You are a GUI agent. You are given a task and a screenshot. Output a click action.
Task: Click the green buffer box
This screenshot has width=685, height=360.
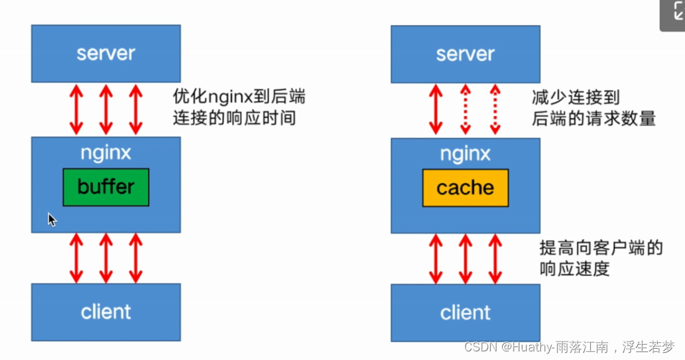tap(106, 187)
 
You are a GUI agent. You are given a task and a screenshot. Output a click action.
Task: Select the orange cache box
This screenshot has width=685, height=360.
tap(465, 188)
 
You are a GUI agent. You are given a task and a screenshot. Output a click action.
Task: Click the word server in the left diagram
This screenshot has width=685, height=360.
tap(106, 53)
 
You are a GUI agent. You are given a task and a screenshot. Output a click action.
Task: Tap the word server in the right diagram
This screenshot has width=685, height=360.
tap(465, 54)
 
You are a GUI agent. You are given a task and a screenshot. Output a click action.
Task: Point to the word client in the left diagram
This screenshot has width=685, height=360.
tap(106, 312)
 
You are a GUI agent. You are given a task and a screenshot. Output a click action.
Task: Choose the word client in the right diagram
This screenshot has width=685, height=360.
tap(465, 312)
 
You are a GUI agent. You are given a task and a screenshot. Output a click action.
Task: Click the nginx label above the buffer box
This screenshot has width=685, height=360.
tap(106, 153)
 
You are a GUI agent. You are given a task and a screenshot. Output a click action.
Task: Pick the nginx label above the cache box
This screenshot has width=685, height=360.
tap(465, 154)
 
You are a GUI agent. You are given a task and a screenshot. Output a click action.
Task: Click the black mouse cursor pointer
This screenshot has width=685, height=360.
tap(52, 219)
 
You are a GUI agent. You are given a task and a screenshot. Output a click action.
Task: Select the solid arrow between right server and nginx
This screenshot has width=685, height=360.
tap(436, 109)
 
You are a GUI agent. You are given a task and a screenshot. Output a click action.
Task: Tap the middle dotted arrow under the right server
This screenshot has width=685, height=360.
tap(466, 109)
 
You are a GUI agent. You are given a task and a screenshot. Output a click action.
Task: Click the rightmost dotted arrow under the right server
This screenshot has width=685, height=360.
tap(495, 109)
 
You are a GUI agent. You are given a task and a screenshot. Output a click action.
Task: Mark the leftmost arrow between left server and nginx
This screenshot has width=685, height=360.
tap(76, 109)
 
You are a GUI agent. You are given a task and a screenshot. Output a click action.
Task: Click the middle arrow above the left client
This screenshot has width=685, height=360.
tap(106, 258)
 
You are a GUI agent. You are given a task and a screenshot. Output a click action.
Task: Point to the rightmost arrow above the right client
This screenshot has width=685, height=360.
tap(495, 259)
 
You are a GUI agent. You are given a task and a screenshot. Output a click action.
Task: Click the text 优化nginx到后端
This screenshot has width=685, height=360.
tap(239, 97)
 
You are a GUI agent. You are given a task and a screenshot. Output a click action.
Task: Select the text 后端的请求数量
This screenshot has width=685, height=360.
tap(593, 119)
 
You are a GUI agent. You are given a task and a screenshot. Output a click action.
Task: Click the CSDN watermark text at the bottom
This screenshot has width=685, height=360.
tap(569, 347)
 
